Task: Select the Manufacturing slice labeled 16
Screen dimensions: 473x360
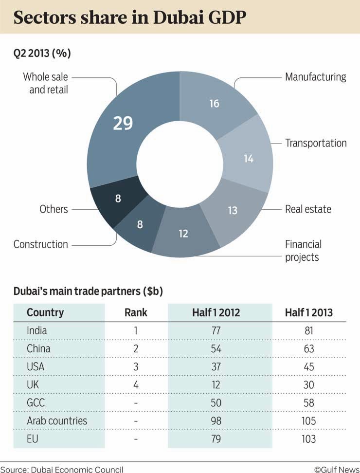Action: [x=214, y=104]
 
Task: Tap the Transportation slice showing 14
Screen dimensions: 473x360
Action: [x=249, y=158]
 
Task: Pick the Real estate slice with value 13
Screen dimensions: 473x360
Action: [x=233, y=210]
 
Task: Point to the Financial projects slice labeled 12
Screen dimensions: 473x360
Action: [x=183, y=234]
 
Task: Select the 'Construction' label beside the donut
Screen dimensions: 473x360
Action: [x=41, y=244]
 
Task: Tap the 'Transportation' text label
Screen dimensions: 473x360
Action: [x=316, y=143]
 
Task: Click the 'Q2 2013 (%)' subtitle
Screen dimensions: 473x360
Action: [x=42, y=53]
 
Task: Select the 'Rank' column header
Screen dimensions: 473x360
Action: [x=136, y=312]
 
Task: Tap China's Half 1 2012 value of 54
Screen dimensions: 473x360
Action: [x=216, y=349]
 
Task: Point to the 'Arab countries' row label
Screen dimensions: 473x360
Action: [x=57, y=421]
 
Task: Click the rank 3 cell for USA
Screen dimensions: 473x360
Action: [x=136, y=367]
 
